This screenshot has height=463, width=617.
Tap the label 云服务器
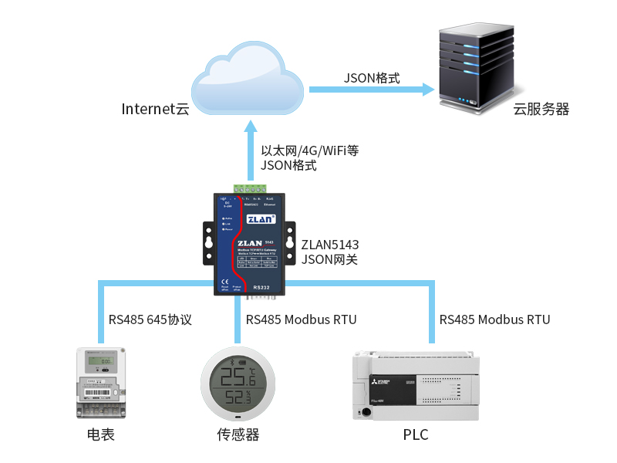tap(541, 110)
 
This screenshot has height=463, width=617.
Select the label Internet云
tap(155, 109)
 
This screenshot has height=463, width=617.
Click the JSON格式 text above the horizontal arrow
tap(372, 78)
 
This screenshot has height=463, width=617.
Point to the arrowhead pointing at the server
tap(428, 90)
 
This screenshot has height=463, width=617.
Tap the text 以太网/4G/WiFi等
tap(310, 150)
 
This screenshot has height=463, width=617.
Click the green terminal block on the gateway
tap(251, 188)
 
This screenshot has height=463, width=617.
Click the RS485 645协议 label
tap(150, 319)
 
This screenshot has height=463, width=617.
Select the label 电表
tap(100, 435)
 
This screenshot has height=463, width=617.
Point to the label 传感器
tap(238, 435)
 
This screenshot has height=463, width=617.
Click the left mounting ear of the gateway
tap(208, 240)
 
